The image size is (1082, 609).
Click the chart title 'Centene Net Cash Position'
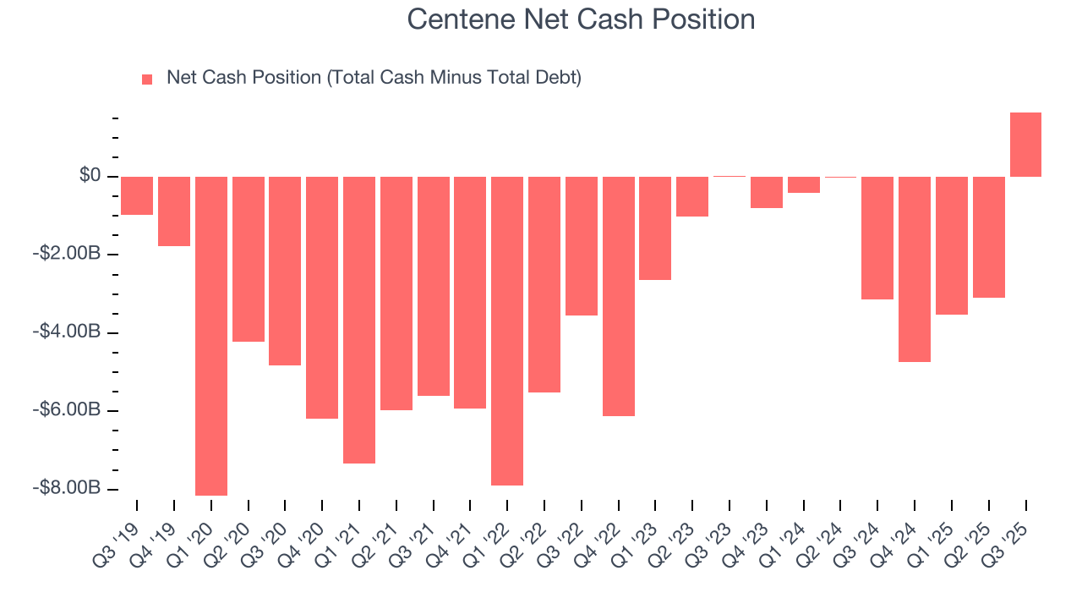tap(581, 19)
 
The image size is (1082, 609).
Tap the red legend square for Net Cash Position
tap(147, 79)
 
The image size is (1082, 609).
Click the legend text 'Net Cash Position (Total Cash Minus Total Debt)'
tap(374, 78)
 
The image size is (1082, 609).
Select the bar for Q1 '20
tap(211, 336)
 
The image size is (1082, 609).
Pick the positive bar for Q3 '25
tap(1025, 145)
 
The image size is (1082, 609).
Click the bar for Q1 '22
tap(507, 331)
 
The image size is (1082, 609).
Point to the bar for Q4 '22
tap(618, 296)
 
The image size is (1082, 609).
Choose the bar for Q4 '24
tap(915, 269)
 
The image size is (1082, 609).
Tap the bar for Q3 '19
tap(137, 195)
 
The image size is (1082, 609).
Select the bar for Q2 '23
tap(692, 196)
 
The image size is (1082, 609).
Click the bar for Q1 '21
tap(359, 320)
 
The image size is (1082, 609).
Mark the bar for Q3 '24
tap(877, 238)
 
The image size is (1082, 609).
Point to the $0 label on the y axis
tap(90, 176)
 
